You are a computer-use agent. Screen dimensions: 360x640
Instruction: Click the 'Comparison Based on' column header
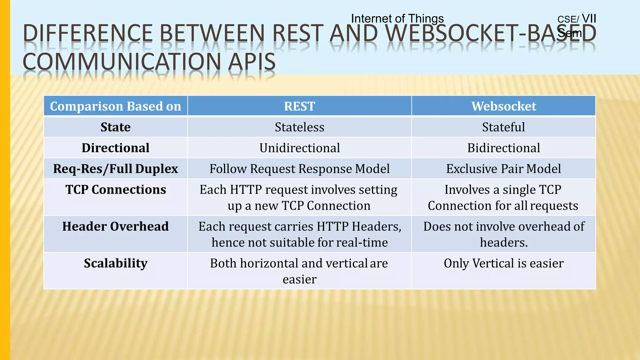(115, 106)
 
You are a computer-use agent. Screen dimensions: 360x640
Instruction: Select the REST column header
(299, 106)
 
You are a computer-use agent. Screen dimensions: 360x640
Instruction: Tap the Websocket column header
(503, 106)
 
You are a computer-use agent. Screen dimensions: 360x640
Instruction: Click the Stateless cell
(299, 127)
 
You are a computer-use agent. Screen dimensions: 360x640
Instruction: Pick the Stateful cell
(503, 127)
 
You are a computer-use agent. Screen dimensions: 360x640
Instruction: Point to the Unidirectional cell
(299, 148)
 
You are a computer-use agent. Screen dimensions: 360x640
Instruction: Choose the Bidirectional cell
(503, 148)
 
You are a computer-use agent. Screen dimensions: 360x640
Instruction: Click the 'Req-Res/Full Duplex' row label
(115, 169)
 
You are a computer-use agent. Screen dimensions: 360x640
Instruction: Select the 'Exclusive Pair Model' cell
(503, 169)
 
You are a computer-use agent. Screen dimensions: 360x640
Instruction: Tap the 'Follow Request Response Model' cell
(299, 169)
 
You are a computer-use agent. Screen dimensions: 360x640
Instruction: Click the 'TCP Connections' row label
(115, 190)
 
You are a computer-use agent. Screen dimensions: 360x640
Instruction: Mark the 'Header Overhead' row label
(115, 226)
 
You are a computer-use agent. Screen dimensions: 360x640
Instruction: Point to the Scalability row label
(115, 263)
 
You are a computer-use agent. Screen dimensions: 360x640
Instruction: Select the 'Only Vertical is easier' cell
(503, 263)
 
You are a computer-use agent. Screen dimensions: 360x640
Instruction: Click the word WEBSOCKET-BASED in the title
(491, 33)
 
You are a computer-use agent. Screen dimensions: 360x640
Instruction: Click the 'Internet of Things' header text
(397, 18)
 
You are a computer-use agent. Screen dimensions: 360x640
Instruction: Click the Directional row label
(115, 148)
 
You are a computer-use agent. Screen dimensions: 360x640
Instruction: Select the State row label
(115, 127)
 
